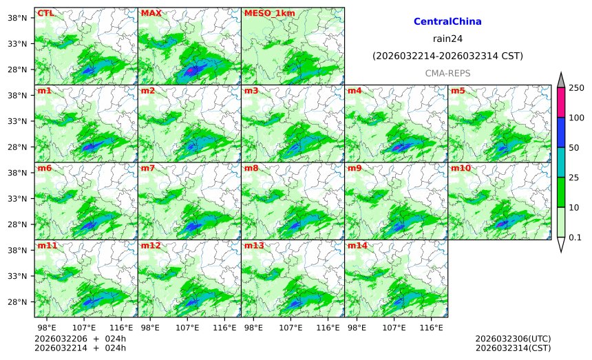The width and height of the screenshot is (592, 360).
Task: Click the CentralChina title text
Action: (447, 22)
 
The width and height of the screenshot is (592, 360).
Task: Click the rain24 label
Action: (447, 39)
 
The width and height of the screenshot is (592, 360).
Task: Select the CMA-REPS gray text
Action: (447, 72)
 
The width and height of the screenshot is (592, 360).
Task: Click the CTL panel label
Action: (45, 13)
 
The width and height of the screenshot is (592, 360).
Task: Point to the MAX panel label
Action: (151, 13)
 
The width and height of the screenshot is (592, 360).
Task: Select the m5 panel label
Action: (458, 91)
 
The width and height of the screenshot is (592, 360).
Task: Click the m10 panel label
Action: (461, 169)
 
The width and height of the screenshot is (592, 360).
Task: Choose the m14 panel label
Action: (357, 246)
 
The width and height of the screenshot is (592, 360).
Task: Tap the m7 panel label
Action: (148, 169)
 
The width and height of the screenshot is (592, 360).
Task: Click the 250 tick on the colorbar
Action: (576, 87)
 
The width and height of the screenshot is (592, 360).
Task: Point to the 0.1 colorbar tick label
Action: (575, 237)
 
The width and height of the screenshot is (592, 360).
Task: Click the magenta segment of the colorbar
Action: (560, 103)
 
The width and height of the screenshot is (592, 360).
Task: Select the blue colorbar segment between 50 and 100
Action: (560, 132)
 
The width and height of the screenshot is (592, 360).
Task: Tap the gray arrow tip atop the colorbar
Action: (560, 80)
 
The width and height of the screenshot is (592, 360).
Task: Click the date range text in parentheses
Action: (447, 56)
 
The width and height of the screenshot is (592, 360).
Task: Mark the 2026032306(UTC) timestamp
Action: (513, 339)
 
